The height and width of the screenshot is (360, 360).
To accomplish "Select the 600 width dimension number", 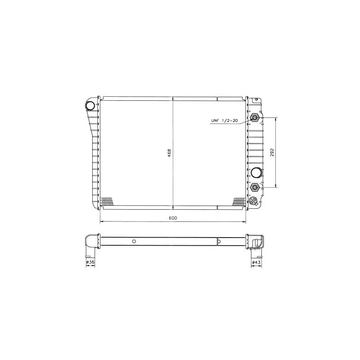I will [173, 218].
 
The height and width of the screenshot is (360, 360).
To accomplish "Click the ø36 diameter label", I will [90, 262].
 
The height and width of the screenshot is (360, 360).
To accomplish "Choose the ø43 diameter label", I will [256, 262].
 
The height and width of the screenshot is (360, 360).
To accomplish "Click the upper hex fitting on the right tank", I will [255, 118].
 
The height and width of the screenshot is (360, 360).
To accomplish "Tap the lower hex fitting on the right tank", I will [255, 186].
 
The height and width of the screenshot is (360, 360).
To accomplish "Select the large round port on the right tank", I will [256, 172].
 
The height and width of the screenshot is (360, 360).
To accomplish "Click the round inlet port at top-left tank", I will [90, 106].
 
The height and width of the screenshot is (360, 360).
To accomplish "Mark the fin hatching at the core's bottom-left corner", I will [106, 201].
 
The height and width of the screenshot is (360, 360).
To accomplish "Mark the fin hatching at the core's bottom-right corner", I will [238, 201].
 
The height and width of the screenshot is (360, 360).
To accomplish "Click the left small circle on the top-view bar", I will [134, 241].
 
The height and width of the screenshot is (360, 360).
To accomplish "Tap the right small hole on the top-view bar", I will [219, 241].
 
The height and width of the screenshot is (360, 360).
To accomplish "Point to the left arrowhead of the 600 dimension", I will [101, 221].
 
